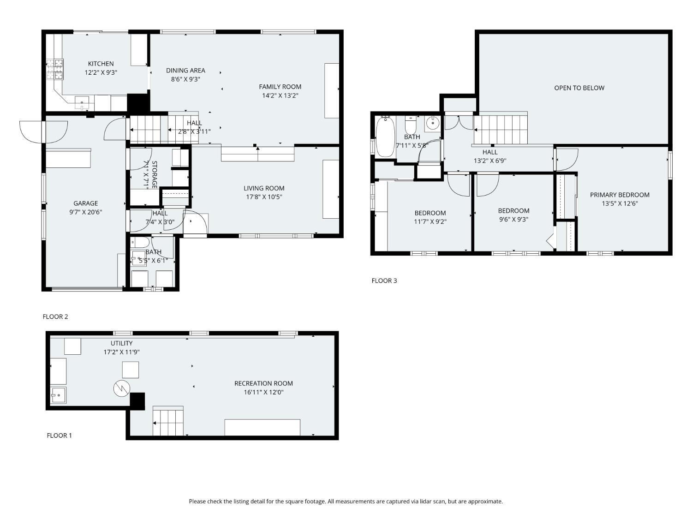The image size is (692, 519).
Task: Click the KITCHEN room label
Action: (101, 64)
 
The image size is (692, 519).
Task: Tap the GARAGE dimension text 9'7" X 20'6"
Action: (86, 212)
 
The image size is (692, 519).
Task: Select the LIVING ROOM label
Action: (264, 188)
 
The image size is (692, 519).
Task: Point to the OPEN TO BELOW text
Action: (579, 88)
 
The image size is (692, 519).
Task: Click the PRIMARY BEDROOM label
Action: (620, 195)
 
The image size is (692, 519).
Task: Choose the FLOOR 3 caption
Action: (384, 280)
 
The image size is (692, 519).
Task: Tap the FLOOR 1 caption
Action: (59, 435)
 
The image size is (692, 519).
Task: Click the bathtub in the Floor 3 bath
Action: (385, 136)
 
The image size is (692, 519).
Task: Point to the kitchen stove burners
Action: (55, 69)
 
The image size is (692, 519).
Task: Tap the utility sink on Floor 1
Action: (58, 395)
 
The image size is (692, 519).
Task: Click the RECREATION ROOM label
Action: (263, 383)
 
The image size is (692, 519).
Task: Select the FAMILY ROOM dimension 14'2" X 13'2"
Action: (280, 95)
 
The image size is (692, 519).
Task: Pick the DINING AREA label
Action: (185, 71)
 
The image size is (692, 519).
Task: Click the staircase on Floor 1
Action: (168, 421)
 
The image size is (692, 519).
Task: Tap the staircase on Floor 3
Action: (501, 129)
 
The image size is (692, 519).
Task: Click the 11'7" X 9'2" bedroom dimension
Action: (430, 221)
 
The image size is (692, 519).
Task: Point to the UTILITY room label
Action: (121, 343)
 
